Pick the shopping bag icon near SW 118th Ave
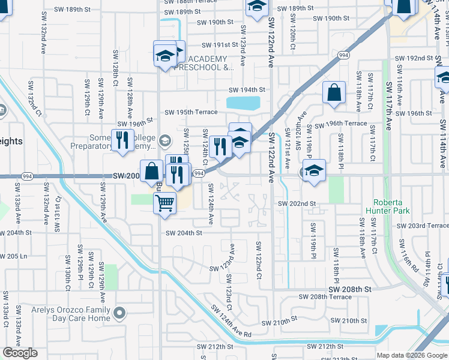click(x=334, y=92)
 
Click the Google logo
click(x=20, y=353)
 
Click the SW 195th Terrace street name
click(x=191, y=112)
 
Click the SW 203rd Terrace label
click(x=423, y=226)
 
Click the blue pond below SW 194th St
click(x=243, y=103)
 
